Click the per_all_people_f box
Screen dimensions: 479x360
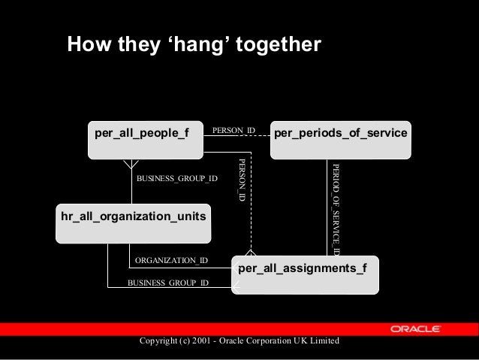click(x=146, y=139)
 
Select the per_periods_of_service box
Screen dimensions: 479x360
click(x=340, y=139)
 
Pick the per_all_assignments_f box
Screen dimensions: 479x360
click(x=306, y=274)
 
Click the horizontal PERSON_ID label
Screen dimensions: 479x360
click(x=234, y=131)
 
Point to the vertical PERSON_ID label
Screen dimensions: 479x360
click(x=241, y=179)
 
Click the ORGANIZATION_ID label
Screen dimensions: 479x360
click(x=171, y=260)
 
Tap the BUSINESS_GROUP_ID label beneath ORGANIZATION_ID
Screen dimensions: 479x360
click(x=168, y=283)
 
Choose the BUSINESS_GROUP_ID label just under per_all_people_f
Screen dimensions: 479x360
click(x=176, y=179)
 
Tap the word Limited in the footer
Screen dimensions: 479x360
click(x=324, y=342)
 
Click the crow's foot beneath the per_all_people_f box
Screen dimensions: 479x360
click(x=131, y=162)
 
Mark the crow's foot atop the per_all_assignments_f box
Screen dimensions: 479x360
click(x=251, y=253)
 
